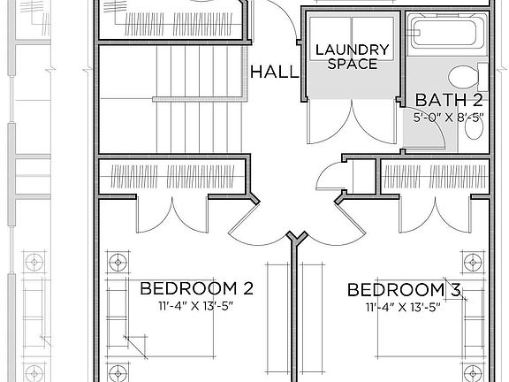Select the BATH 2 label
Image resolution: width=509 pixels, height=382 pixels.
pos(449,99)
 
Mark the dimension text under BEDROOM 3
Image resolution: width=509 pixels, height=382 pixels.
pos(402,307)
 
